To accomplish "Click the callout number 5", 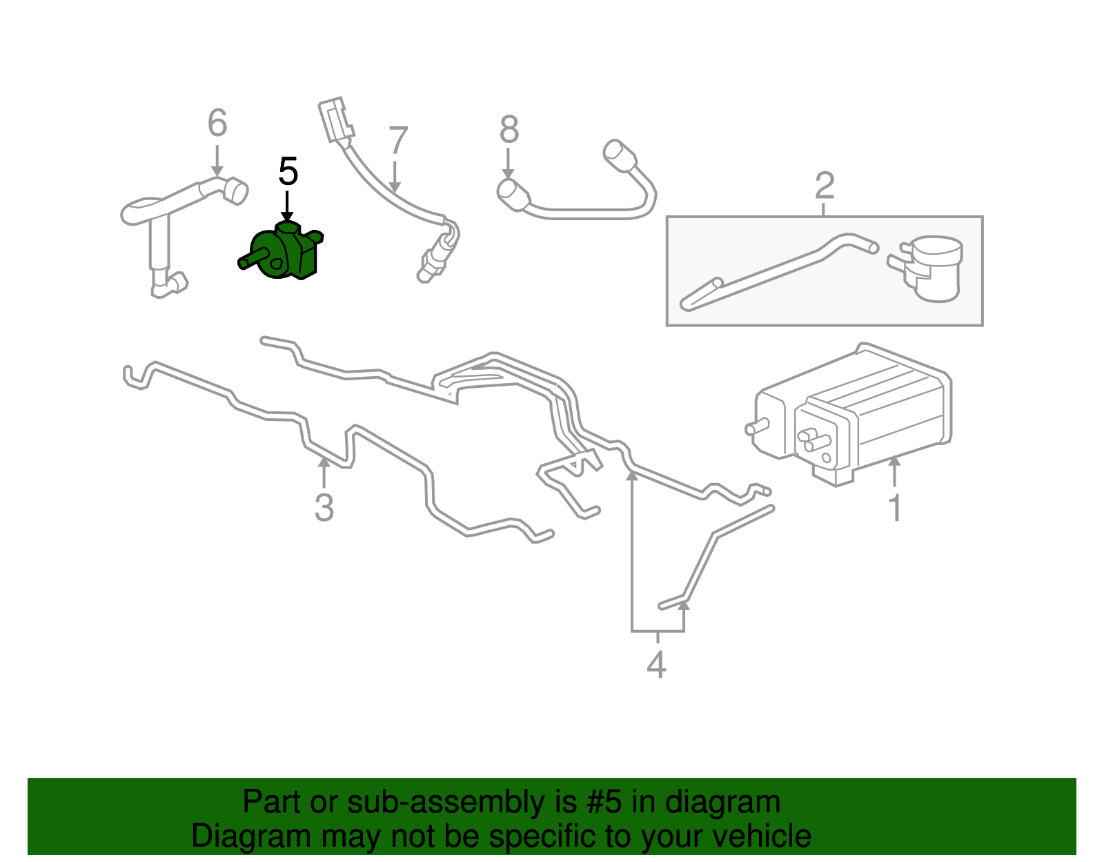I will tap(288, 172).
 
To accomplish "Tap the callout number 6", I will tap(217, 124).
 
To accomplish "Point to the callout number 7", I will tap(398, 141).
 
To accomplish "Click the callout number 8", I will tap(509, 129).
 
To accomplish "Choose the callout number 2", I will tap(825, 186).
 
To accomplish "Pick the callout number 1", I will tap(895, 509).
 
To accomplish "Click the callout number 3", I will tap(324, 508).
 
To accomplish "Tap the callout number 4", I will tap(656, 665).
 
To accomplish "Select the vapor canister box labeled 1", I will tap(856, 414).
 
